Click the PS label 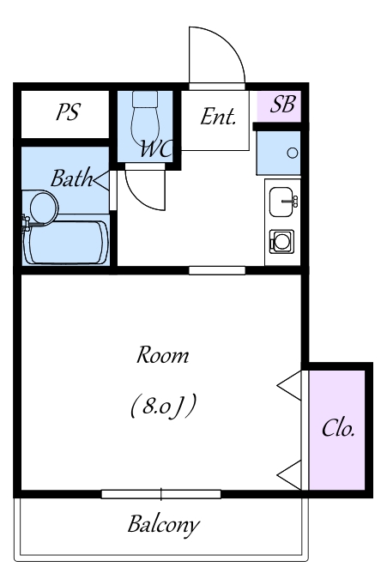[68, 112]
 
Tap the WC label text [156, 149]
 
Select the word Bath [72, 178]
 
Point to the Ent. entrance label [218, 117]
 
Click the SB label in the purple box [283, 104]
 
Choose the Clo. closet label [338, 428]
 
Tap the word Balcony [163, 525]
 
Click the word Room [162, 355]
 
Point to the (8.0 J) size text [163, 406]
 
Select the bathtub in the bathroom [65, 243]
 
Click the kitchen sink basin [281, 202]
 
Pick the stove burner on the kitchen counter [281, 241]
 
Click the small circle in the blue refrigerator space [293, 153]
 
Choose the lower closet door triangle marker [289, 475]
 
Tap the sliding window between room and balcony [161, 494]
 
